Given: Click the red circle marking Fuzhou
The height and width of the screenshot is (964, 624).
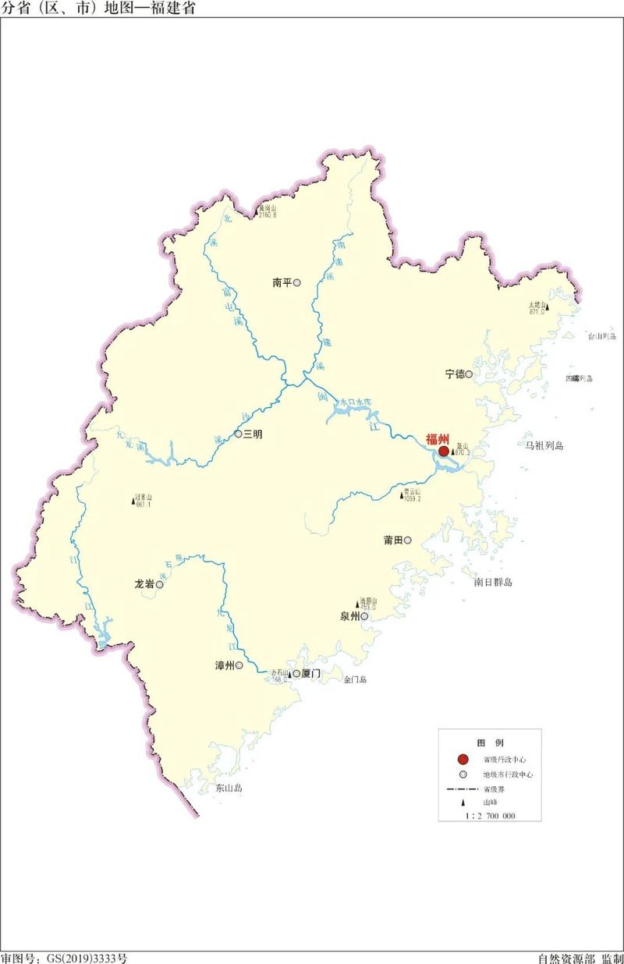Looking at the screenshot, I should coord(443,451).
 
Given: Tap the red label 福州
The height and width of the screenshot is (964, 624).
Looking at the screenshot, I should coord(437,439).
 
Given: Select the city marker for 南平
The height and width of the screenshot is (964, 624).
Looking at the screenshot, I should coord(296,283).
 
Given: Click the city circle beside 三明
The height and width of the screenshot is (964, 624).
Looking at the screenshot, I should coord(238,434).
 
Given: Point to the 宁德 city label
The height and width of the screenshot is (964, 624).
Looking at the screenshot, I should coord(454,374).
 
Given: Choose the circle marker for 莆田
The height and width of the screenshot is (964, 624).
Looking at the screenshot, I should coord(407,540).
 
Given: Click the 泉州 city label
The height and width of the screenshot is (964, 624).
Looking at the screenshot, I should coord(349,616).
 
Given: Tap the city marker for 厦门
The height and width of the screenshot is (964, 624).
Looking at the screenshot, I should coord(296,673).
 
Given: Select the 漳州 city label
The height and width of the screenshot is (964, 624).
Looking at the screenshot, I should coord(225,666).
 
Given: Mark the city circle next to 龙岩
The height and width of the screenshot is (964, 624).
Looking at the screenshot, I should coord(159,583).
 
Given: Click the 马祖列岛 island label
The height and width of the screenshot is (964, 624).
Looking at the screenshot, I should coord(544,445).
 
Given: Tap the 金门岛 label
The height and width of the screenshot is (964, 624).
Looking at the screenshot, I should coord(355,680).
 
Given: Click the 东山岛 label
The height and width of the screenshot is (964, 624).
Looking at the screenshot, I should coord(229,789).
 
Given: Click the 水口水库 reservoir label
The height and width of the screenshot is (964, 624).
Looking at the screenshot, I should coord(356,402).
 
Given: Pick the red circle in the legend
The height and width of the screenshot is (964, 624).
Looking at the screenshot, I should coord(463,759).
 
